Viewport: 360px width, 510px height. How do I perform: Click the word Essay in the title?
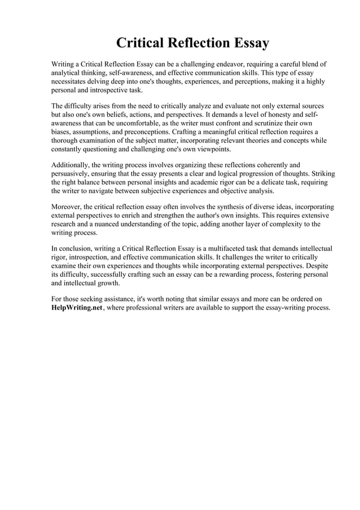[x=249, y=43]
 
